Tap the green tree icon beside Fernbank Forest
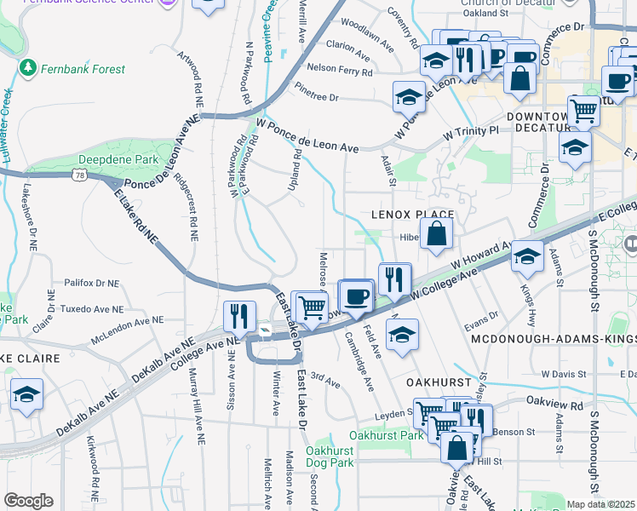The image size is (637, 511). tap(28, 66)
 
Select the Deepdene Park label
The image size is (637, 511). tap(118, 159)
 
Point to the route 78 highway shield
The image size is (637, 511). tap(79, 175)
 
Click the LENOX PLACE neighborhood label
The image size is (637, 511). tap(412, 215)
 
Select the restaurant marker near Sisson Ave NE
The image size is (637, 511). tap(239, 316)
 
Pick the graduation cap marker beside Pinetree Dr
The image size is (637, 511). tap(409, 96)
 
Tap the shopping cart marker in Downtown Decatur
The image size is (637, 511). tap(583, 110)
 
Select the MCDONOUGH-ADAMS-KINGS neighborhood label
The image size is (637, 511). tap(554, 339)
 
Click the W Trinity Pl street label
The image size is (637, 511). tap(470, 132)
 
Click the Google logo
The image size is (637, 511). tap(28, 501)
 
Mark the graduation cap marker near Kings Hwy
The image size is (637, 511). tap(527, 255)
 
